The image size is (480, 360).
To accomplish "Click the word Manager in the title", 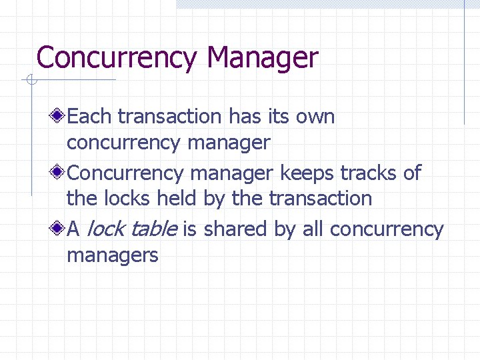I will tap(263, 58).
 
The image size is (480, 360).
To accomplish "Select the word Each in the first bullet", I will tap(90, 117).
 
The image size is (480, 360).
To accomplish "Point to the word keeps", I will tap(307, 173).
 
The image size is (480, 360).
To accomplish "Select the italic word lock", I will tap(105, 229).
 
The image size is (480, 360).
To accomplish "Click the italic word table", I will tap(153, 229).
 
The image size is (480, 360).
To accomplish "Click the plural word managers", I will tap(113, 255).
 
